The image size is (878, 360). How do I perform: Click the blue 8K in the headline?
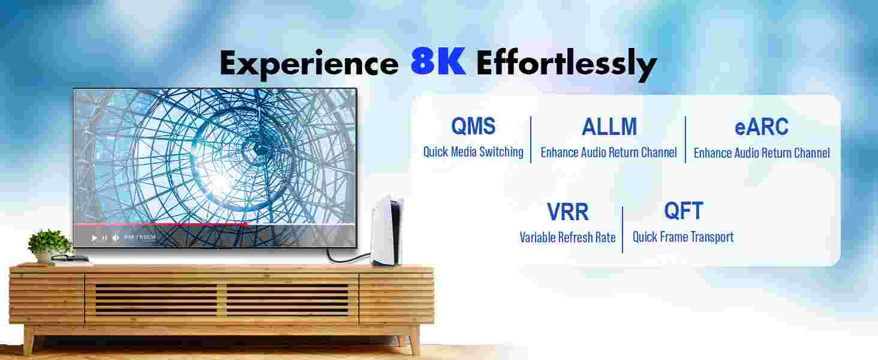point(438,61)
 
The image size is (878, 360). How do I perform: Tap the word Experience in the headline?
point(309,64)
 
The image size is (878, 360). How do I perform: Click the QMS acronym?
point(473,126)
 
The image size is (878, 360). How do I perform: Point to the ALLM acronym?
point(609,127)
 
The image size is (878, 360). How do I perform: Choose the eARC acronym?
point(761,127)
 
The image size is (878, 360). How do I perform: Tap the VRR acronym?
point(567,212)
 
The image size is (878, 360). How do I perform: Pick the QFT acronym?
point(684,211)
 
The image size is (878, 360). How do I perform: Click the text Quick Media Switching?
point(473,152)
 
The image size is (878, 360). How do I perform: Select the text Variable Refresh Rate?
point(567,237)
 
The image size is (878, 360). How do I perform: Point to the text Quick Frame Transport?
point(683,237)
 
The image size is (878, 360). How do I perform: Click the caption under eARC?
point(762,152)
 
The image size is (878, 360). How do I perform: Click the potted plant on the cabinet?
point(50,246)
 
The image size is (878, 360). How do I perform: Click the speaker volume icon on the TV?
point(116,238)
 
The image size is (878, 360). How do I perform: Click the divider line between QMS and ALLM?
point(531,139)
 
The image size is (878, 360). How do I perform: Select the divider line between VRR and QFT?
point(623,229)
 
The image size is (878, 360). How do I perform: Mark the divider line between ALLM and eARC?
point(685,139)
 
